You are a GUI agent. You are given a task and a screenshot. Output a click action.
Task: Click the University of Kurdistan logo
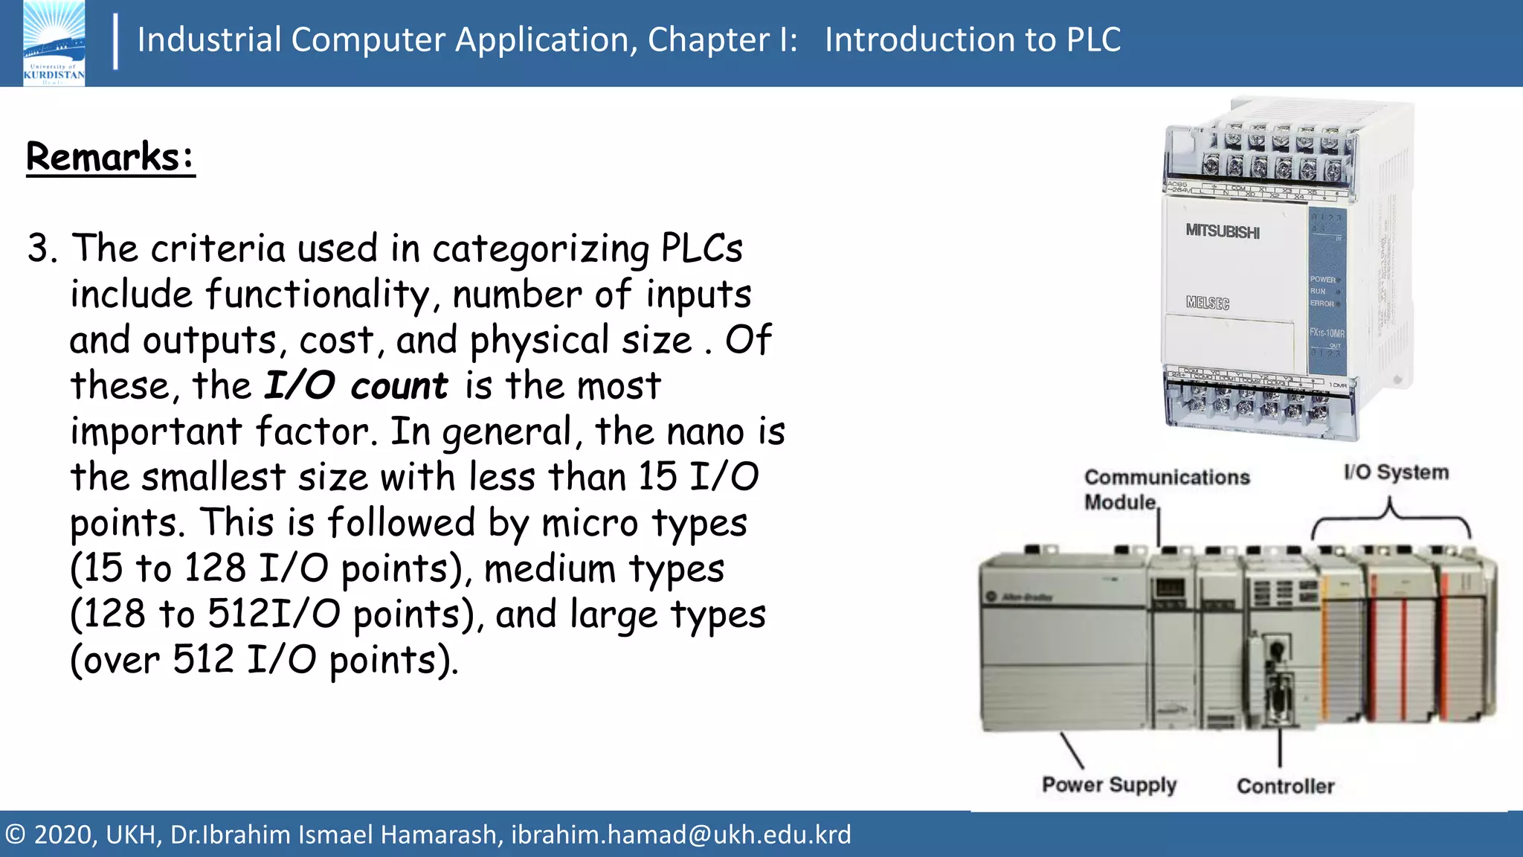point(54,43)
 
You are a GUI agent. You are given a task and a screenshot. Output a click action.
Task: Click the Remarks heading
point(110,157)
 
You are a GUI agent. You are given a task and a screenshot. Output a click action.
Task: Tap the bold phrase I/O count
point(356,386)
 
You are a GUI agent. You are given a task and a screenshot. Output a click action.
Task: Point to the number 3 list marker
point(42,248)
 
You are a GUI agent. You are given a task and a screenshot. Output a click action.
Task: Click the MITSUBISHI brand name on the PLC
point(1223,231)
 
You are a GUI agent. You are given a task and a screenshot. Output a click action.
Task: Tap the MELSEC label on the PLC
point(1208,303)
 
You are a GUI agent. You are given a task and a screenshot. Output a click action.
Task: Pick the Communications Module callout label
point(1166,489)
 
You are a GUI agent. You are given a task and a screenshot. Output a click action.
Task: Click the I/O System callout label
point(1396,472)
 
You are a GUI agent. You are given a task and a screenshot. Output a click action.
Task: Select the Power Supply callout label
point(1109,785)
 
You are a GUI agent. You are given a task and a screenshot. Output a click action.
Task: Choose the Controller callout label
point(1285,786)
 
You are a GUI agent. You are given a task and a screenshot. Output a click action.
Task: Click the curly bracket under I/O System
point(1390,521)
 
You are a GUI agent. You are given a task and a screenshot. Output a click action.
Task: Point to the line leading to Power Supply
point(1071,749)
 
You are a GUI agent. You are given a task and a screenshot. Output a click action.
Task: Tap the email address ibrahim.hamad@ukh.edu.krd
point(680,835)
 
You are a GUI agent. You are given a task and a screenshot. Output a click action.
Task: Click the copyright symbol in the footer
point(16,835)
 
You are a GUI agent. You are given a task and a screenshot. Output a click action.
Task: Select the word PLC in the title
point(1093,39)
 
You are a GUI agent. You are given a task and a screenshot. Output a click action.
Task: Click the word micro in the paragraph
point(589,523)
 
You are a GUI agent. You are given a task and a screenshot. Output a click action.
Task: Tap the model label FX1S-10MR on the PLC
point(1327,333)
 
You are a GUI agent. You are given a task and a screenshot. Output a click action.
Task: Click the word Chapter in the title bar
point(708,39)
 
